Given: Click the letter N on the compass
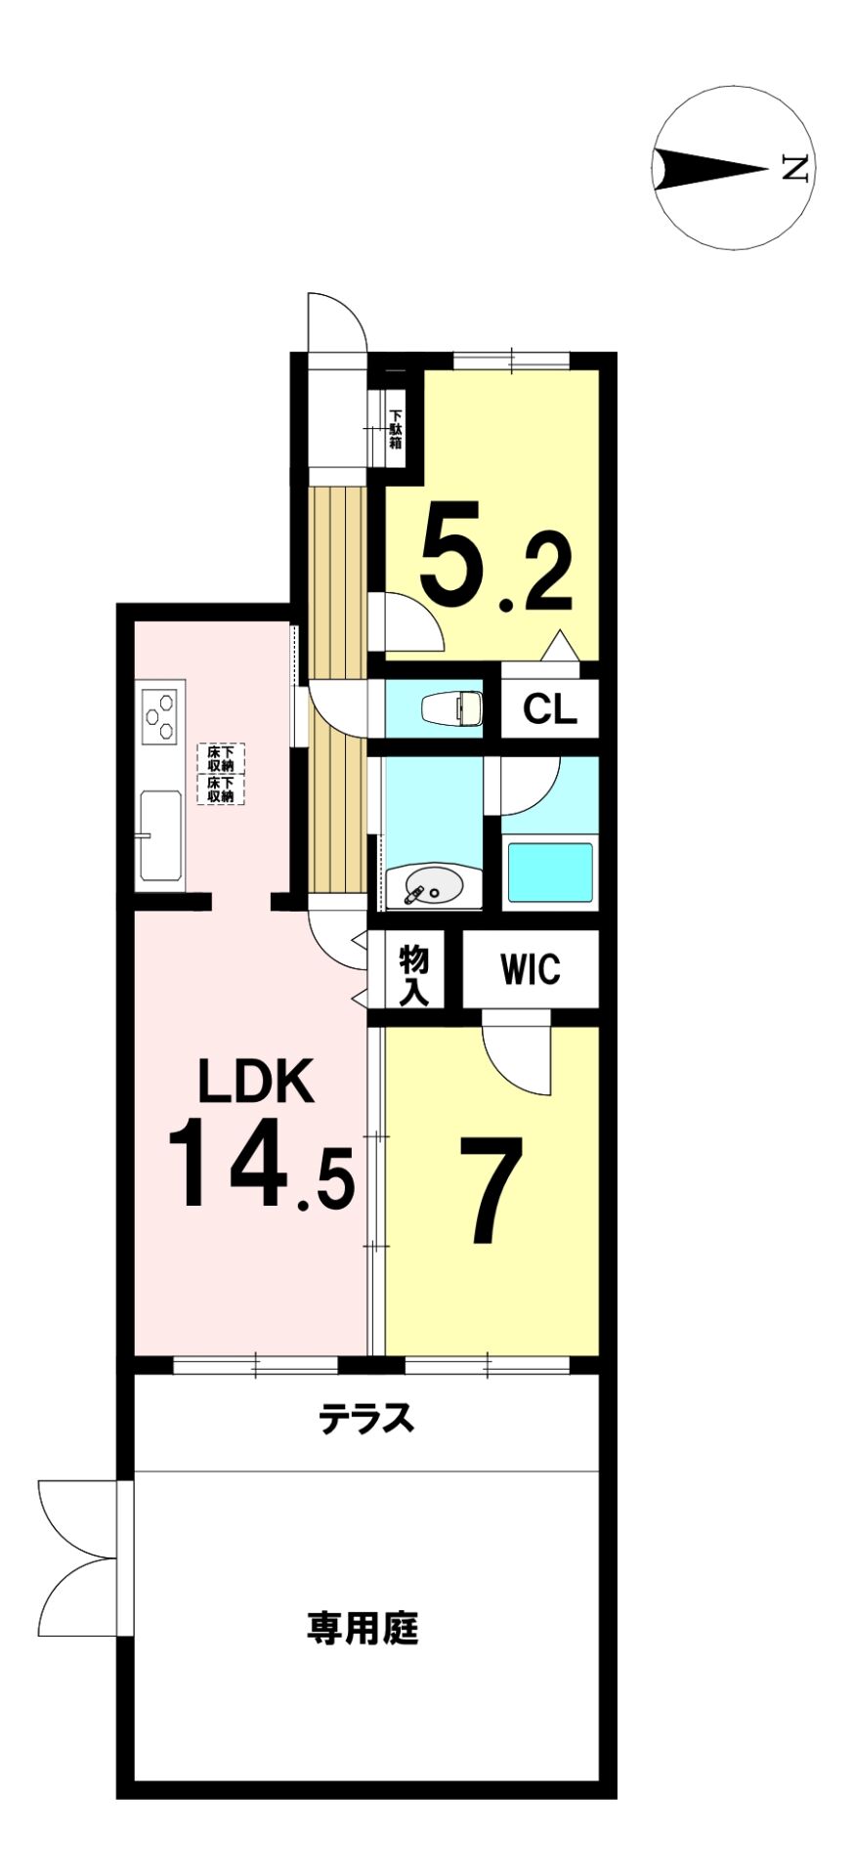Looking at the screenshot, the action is (x=794, y=168).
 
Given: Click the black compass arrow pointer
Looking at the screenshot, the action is (x=709, y=168).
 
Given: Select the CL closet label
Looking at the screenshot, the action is (x=549, y=709).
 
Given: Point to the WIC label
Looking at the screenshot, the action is (x=531, y=969).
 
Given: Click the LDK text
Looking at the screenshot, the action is (x=256, y=1081).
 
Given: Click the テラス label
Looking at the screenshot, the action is (x=366, y=1419).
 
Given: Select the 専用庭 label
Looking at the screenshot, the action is (x=363, y=1628).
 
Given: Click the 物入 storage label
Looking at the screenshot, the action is (x=414, y=975).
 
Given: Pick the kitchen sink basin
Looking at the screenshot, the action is (x=161, y=836).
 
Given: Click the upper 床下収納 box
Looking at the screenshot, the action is (x=221, y=758).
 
